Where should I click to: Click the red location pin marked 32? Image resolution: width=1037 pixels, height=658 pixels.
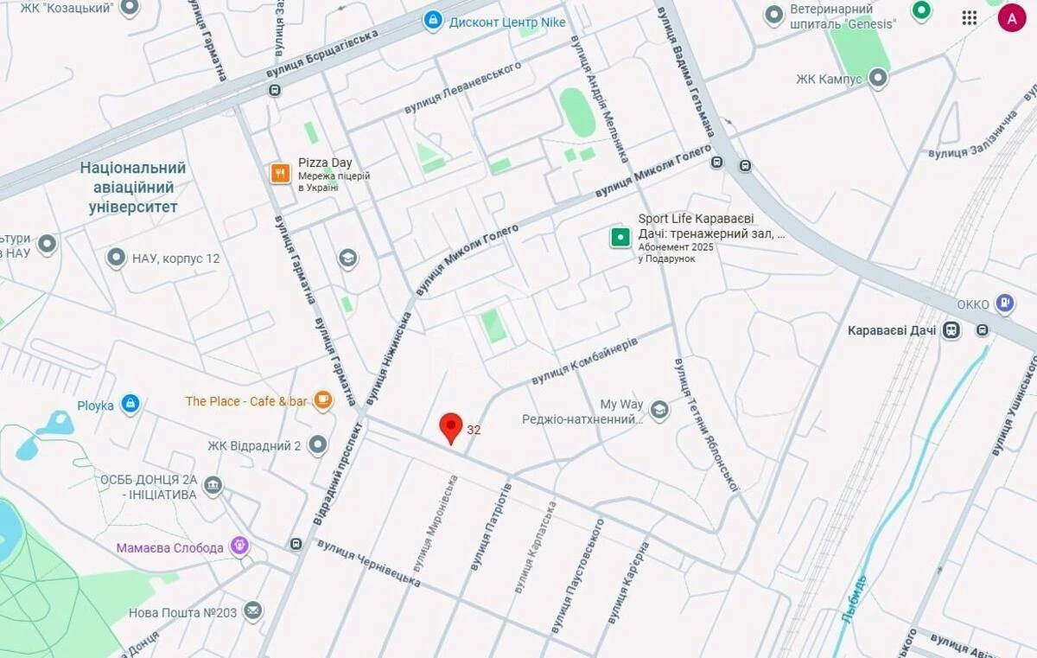pyautogui.click(x=450, y=426)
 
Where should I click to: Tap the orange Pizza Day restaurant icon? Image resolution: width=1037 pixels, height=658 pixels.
pyautogui.click(x=280, y=173)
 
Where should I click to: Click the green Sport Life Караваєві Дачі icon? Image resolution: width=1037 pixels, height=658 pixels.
pyautogui.click(x=620, y=237)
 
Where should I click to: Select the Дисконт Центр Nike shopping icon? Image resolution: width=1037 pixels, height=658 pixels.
pyautogui.click(x=433, y=21)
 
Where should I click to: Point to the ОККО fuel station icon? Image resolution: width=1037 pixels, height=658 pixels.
pyautogui.click(x=1004, y=303)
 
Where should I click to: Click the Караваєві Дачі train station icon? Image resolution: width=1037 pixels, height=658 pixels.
pyautogui.click(x=951, y=330)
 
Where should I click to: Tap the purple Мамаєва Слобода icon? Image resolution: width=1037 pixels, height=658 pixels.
pyautogui.click(x=240, y=546)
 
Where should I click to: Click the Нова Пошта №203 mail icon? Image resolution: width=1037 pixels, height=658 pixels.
pyautogui.click(x=252, y=612)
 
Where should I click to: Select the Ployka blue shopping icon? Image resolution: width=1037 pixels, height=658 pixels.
pyautogui.click(x=130, y=404)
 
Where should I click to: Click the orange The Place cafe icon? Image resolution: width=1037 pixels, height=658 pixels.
pyautogui.click(x=323, y=399)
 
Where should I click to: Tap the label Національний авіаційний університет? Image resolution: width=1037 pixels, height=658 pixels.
pyautogui.click(x=133, y=188)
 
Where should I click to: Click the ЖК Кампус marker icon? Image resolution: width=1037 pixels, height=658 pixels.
pyautogui.click(x=878, y=79)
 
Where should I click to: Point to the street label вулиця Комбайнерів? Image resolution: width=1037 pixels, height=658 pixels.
pyautogui.click(x=584, y=362)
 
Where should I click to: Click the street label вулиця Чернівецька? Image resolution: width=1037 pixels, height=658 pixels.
pyautogui.click(x=368, y=563)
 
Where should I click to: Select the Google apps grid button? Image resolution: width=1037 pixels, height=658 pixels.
pyautogui.click(x=970, y=17)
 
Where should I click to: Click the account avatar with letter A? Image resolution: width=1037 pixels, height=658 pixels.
pyautogui.click(x=1011, y=17)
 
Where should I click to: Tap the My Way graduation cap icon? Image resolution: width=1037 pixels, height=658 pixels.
pyautogui.click(x=659, y=410)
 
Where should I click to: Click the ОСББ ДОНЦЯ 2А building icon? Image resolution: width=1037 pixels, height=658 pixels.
pyautogui.click(x=213, y=486)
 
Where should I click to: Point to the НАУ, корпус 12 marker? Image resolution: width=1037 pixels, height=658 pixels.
pyautogui.click(x=116, y=258)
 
